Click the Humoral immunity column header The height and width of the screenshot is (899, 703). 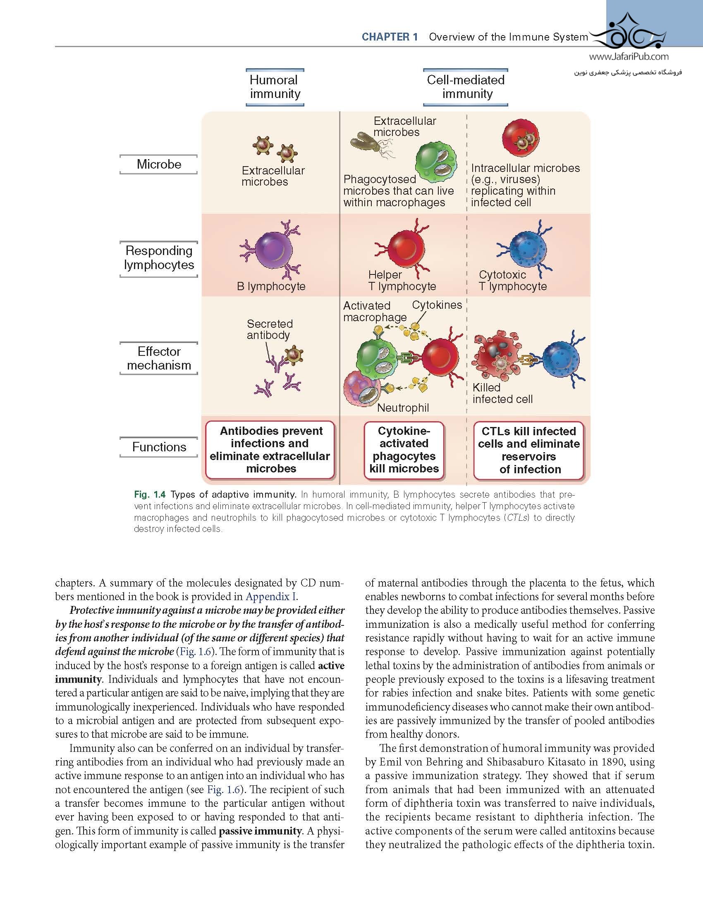(x=275, y=87)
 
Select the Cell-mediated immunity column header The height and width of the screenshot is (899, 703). (x=466, y=87)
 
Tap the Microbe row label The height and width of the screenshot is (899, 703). (x=159, y=164)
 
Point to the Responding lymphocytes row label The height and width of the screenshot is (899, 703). (x=159, y=258)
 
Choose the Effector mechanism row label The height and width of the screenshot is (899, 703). (x=159, y=358)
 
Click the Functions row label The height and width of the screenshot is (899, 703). (x=159, y=447)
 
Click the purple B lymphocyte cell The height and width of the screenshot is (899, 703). (x=273, y=250)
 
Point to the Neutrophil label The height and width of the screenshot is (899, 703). (x=403, y=408)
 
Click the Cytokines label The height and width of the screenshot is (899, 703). (x=437, y=305)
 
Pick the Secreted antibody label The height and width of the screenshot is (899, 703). (x=270, y=329)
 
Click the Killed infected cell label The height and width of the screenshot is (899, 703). (x=502, y=393)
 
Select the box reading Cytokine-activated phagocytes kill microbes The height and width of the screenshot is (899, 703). (x=404, y=450)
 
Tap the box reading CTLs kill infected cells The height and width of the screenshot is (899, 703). (x=528, y=450)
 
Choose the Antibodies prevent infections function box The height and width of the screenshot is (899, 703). (x=270, y=450)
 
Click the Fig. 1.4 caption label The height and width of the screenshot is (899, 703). (x=150, y=494)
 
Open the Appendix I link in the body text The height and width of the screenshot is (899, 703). (x=271, y=596)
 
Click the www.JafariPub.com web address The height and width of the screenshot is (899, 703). (x=629, y=57)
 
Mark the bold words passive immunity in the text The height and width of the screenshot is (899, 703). (x=260, y=831)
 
